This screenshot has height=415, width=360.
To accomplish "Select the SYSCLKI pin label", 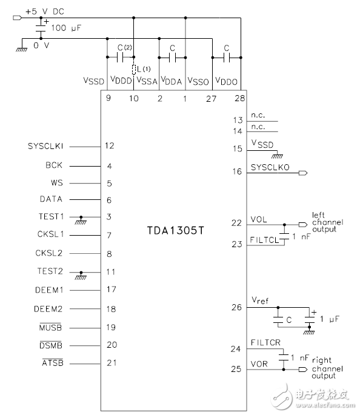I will [x=45, y=147].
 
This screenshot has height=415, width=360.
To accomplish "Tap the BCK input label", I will [x=54, y=165].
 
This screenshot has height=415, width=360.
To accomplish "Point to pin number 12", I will [x=110, y=146].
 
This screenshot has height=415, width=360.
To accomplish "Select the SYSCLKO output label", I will [x=270, y=166].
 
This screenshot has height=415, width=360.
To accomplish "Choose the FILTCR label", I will [x=265, y=343].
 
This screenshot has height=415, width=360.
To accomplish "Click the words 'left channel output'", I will [x=327, y=222].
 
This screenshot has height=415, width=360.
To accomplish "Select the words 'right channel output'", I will [x=327, y=368].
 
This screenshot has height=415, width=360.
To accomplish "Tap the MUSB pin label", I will [x=50, y=327].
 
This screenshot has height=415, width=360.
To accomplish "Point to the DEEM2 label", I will [x=48, y=309].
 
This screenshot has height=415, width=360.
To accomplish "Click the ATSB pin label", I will [x=52, y=364].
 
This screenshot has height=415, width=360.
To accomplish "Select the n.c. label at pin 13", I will [x=258, y=120].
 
